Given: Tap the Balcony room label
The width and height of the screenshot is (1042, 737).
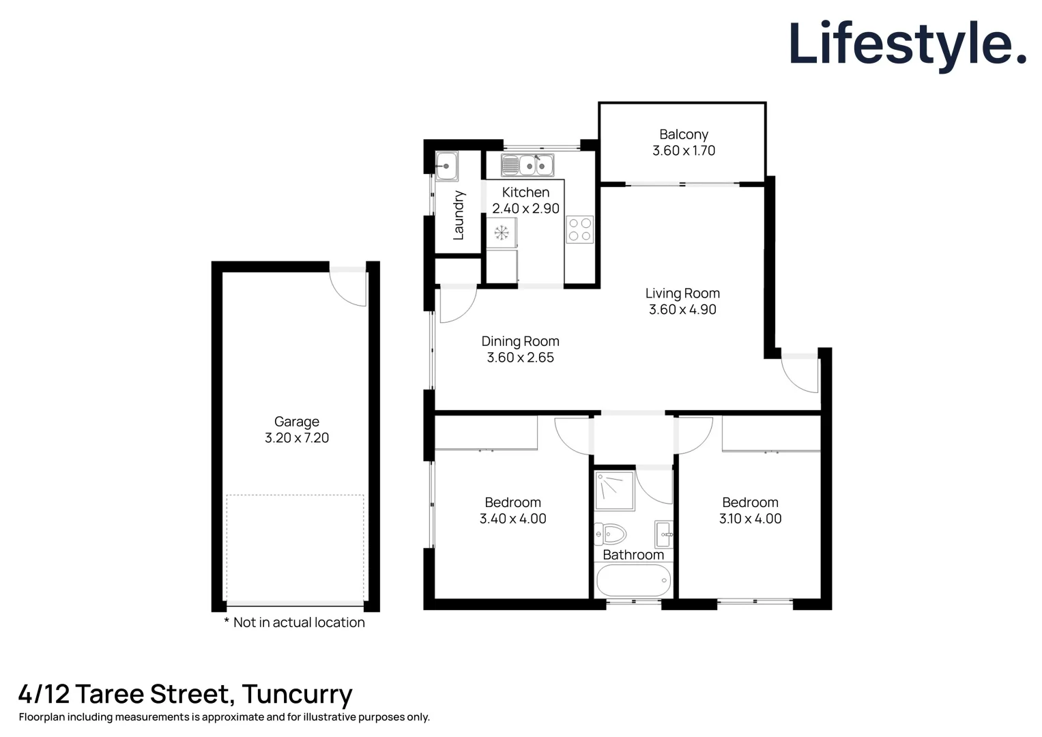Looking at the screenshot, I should (683, 134).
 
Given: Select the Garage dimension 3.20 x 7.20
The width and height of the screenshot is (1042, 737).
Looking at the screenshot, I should (297, 438).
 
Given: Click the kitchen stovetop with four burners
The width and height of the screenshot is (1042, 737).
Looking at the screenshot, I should (579, 229).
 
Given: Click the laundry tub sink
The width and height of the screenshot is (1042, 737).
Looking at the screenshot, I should (446, 165).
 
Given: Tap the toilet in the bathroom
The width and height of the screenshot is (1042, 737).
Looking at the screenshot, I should (611, 533).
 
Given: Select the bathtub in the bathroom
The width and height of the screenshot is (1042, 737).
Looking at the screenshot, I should (633, 581).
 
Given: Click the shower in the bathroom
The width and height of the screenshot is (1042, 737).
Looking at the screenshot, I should (614, 490).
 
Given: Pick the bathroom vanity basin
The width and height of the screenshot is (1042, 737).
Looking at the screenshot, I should (664, 534).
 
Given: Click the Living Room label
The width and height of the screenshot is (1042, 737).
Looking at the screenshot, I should (682, 293).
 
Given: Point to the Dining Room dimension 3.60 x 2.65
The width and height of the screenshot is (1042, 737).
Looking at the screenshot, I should (520, 358).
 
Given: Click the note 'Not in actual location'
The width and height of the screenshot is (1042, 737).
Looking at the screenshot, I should (295, 622).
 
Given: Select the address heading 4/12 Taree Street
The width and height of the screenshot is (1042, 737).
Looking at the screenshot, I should (185, 694).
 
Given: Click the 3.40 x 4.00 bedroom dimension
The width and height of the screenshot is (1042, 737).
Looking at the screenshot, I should (512, 519).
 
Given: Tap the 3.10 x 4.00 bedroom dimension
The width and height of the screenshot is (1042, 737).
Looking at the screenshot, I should (750, 519).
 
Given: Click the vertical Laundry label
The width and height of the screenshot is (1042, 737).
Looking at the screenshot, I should (459, 215).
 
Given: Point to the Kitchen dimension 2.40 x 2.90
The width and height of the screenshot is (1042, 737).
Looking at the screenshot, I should (525, 209).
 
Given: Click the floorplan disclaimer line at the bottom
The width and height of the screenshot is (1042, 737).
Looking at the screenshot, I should (224, 717).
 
